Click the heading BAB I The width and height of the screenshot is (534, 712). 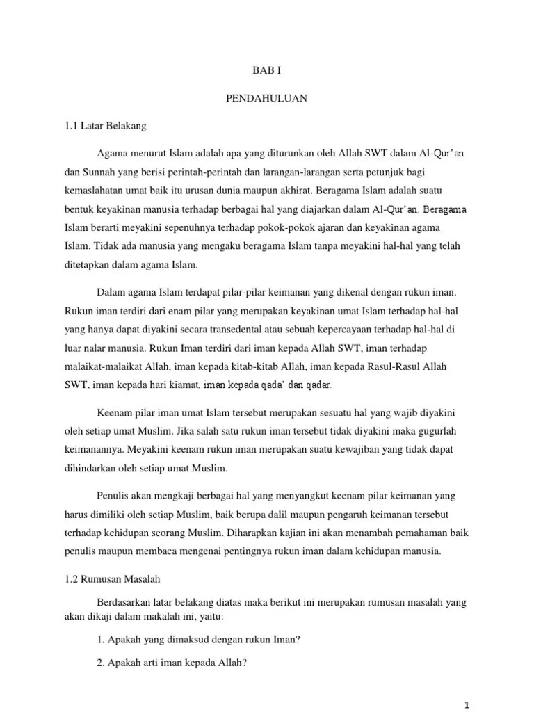pyautogui.click(x=266, y=71)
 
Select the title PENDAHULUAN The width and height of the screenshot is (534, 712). pyautogui.click(x=266, y=99)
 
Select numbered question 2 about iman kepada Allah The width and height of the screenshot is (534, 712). pyautogui.click(x=172, y=663)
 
